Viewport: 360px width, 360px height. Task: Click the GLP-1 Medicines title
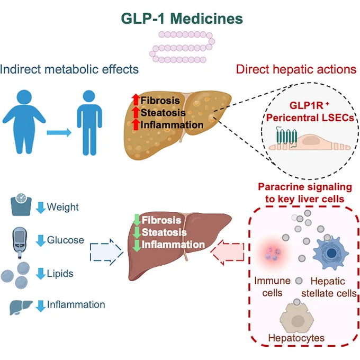182,19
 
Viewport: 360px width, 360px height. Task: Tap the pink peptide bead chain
182,48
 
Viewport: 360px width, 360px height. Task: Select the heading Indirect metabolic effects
69,69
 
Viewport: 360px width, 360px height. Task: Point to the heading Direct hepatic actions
296,69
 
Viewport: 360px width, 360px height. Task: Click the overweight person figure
24,122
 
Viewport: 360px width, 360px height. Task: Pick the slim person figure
89,123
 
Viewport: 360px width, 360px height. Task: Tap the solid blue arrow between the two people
59,132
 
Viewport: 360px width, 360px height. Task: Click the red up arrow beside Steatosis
136,112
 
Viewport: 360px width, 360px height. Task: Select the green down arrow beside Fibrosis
137,220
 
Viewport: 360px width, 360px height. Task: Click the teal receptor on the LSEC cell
287,138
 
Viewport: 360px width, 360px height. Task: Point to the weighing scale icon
21,204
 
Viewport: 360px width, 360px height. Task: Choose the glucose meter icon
20,242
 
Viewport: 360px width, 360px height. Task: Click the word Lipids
60,274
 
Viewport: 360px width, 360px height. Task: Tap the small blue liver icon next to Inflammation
21,308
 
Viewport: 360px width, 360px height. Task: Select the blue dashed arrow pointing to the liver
106,252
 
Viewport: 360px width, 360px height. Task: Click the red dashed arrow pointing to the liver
227,252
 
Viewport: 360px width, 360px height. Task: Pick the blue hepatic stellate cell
330,254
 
